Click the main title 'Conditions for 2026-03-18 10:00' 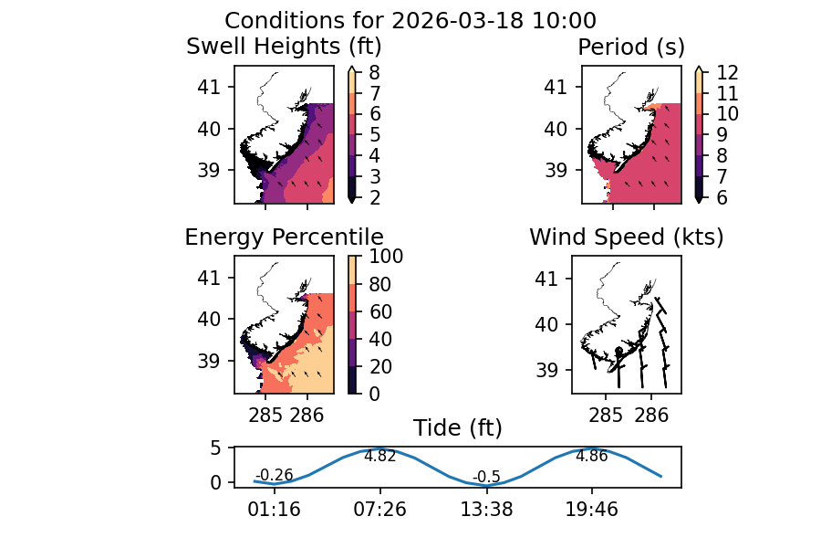coord(410,21)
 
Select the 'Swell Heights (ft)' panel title coord(284,47)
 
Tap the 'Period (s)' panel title coord(631,47)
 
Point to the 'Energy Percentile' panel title coord(284,237)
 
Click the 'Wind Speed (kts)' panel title coord(627,237)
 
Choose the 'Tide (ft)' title coord(458,428)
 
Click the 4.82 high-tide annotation coord(379,457)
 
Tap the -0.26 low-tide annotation coord(274,475)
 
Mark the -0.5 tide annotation coord(486,477)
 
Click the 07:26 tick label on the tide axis coord(380,509)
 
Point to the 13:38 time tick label coord(486,509)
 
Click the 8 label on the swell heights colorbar coord(374,73)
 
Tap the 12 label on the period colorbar coord(717,73)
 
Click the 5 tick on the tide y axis coord(217,448)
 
